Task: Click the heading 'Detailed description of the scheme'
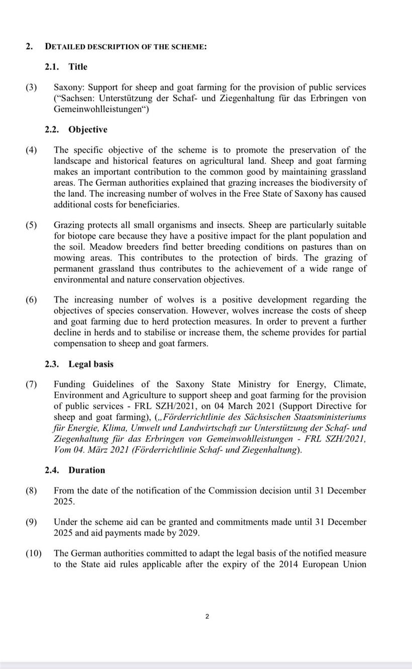point(126,46)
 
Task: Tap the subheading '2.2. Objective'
point(75,130)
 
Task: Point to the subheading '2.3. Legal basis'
point(79,364)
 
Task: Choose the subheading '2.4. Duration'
point(74,470)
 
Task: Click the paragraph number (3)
point(32,87)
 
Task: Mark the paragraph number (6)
point(32,300)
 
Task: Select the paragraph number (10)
point(33,553)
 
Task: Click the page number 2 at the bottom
point(207,617)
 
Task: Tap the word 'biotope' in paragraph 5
point(82,236)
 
